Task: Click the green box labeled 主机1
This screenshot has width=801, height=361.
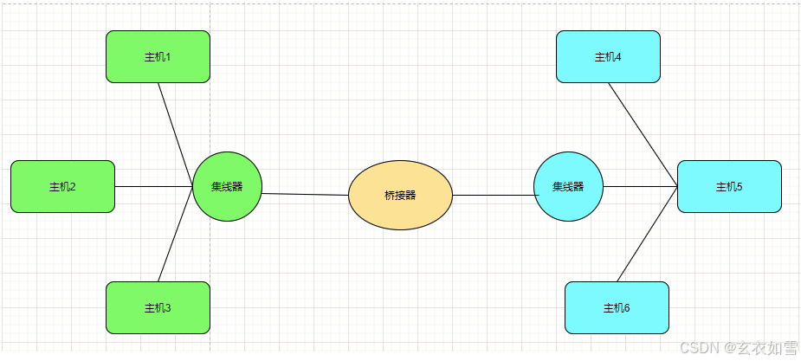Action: [x=158, y=56]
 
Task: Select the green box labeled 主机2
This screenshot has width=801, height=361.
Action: [x=62, y=186]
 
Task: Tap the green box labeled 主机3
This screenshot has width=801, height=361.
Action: [x=158, y=307]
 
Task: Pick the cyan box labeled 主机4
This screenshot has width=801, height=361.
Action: [x=608, y=56]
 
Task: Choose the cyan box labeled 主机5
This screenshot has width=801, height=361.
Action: [x=729, y=186]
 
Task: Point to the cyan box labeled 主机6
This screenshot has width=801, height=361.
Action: [x=617, y=307]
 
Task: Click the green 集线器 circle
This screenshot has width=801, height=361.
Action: [x=227, y=186]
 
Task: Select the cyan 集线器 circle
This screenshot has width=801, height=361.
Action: [x=568, y=186]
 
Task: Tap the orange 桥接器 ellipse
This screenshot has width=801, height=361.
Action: [x=400, y=195]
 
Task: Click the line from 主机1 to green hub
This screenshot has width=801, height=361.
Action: [x=176, y=134]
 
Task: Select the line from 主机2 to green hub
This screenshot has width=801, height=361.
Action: [x=153, y=186]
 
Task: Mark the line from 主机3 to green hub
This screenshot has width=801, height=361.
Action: [x=176, y=234]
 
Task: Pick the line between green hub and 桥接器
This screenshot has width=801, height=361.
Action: [x=305, y=195]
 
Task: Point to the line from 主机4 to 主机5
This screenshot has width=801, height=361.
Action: [x=643, y=134]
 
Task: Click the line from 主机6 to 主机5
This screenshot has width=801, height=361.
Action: [x=647, y=234]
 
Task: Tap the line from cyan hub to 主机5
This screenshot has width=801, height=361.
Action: [x=640, y=186]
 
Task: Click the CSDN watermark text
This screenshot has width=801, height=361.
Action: [x=739, y=347]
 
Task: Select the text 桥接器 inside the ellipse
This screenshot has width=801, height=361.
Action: [x=400, y=195]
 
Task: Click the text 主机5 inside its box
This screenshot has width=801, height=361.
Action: [x=729, y=186]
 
